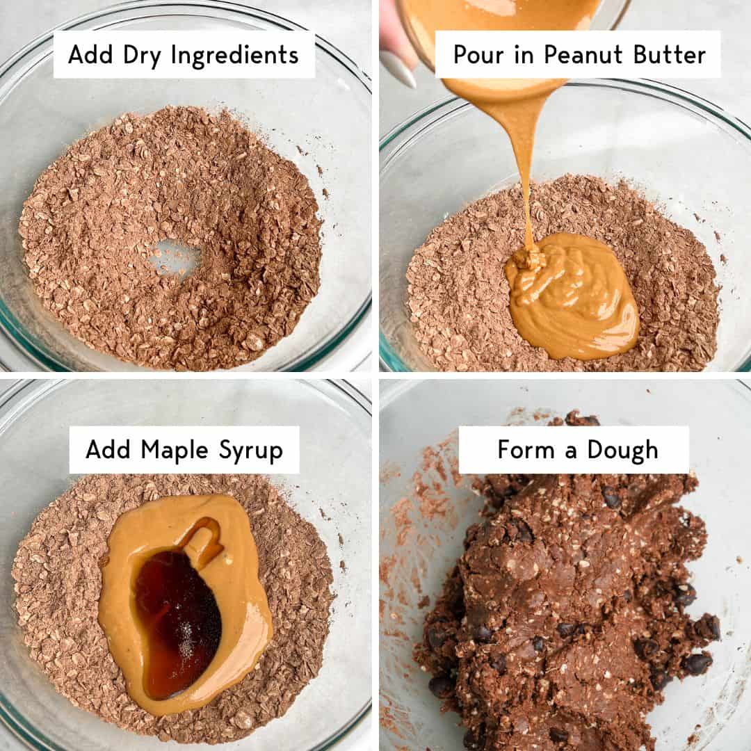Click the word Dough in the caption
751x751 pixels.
tap(622, 450)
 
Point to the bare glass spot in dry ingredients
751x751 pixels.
tap(173, 257)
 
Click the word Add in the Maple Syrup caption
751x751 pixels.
tap(109, 451)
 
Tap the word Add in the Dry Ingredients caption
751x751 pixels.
tap(91, 55)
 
